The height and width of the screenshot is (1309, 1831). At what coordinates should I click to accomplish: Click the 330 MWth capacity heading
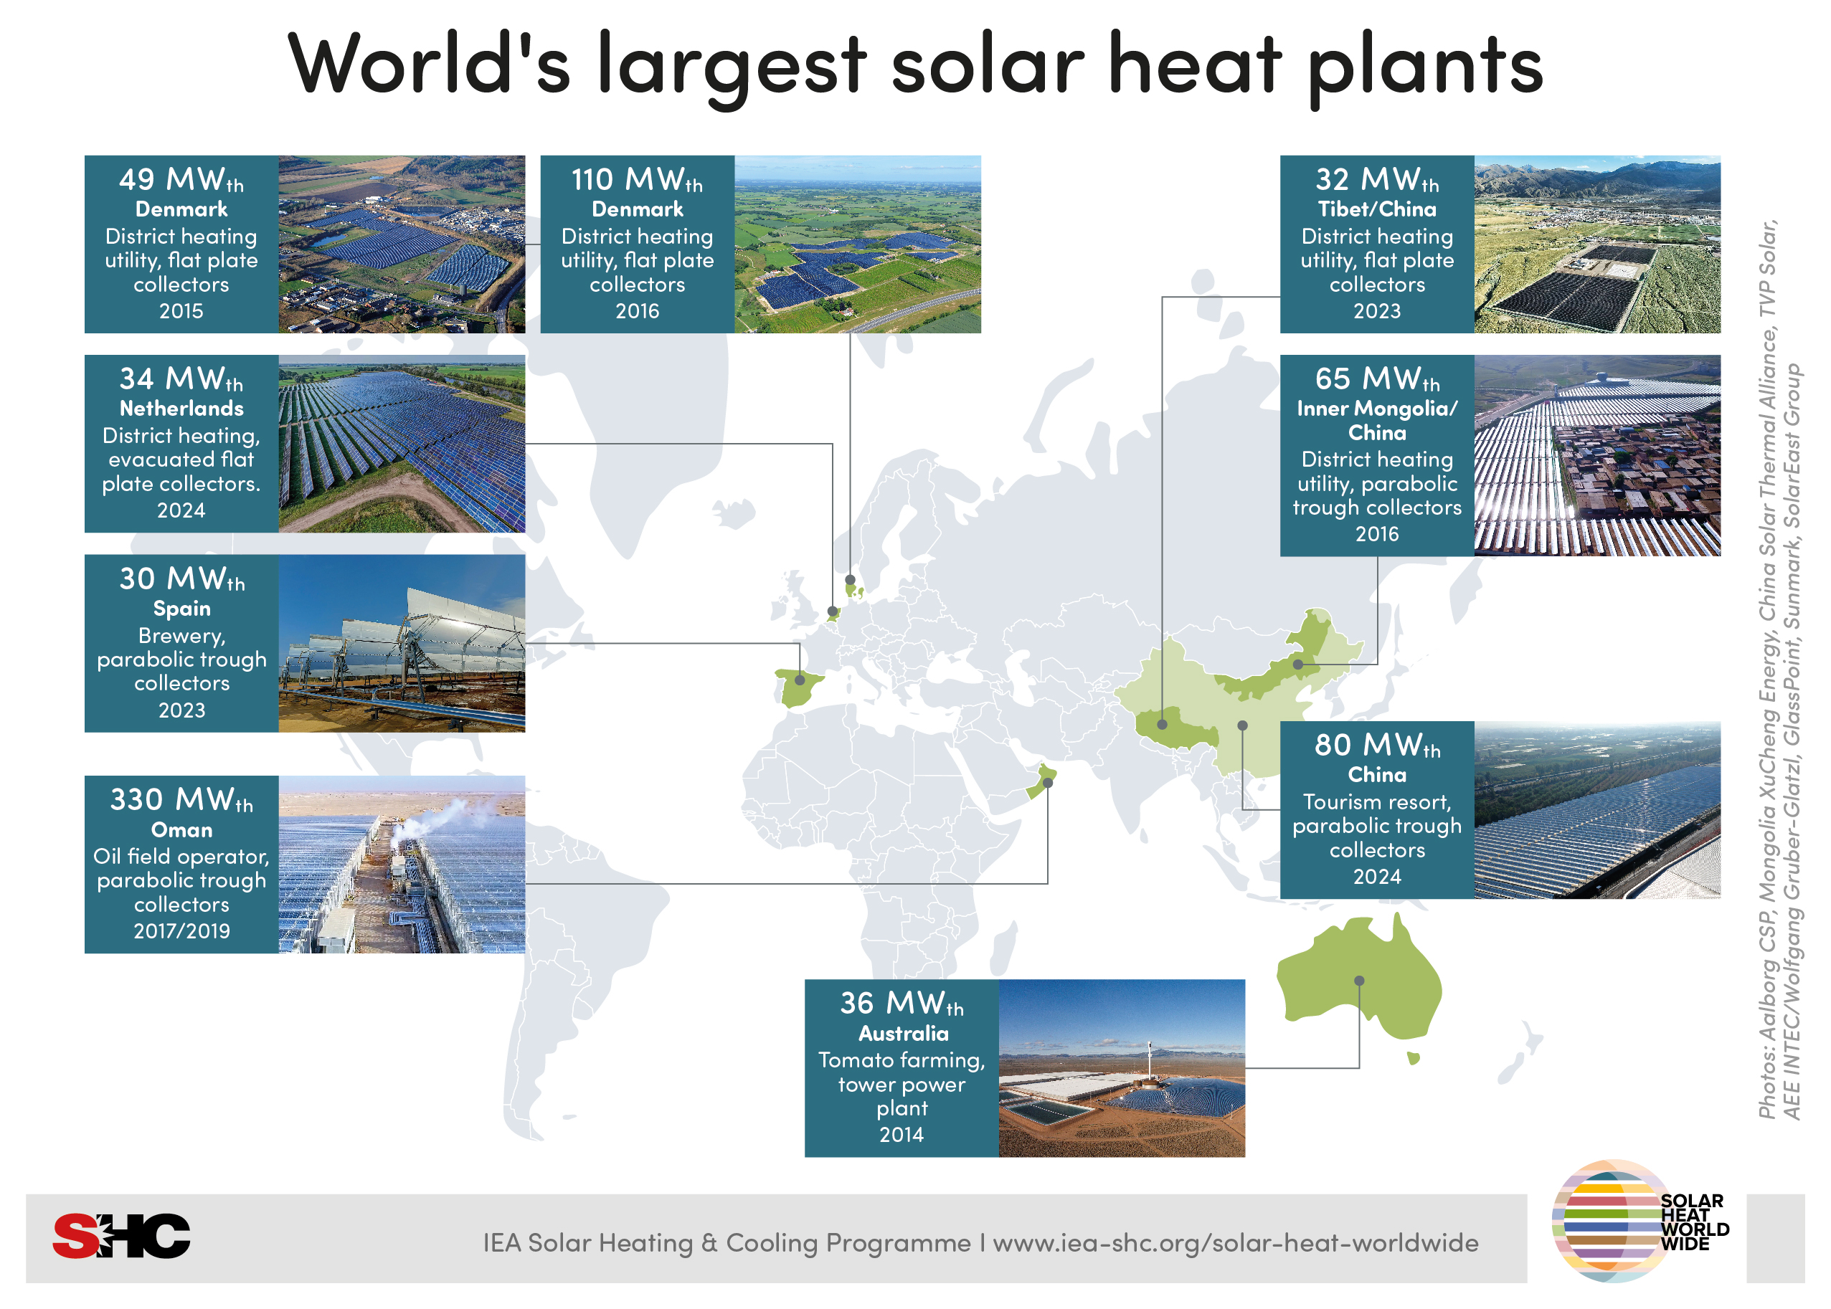(x=181, y=799)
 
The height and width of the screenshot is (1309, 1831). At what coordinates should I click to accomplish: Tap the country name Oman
(x=181, y=829)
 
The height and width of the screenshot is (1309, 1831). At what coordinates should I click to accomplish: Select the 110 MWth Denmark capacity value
(x=636, y=179)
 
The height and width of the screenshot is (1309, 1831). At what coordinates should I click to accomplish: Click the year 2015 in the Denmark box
(x=181, y=311)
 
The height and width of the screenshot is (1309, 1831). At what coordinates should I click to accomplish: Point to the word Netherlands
(x=181, y=409)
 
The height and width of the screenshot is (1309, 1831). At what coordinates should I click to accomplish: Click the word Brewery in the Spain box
(x=181, y=636)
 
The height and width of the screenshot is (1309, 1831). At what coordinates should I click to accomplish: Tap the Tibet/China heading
(x=1376, y=209)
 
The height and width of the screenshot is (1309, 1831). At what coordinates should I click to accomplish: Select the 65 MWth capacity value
(x=1376, y=379)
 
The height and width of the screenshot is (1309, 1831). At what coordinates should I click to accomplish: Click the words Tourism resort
(x=1376, y=802)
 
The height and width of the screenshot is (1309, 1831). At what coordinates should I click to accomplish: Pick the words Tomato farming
(x=902, y=1060)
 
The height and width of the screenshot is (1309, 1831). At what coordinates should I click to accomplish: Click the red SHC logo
(x=121, y=1236)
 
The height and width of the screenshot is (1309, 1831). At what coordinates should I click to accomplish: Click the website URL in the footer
(x=1235, y=1243)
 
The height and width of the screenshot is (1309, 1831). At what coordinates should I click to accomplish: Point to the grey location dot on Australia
(x=1359, y=981)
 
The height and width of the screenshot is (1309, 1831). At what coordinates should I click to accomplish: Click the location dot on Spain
(x=800, y=680)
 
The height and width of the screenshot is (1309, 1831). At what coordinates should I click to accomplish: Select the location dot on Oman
(x=1048, y=783)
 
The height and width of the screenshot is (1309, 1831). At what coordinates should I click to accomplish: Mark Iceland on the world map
(x=734, y=512)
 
